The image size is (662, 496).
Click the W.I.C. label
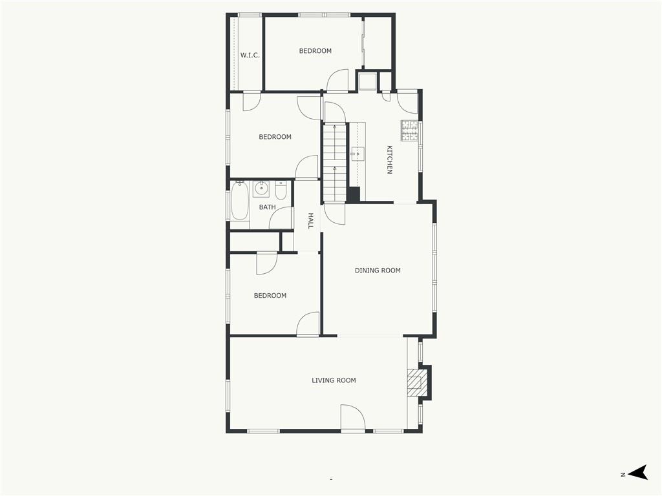click(250, 56)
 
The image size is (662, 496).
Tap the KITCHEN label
click(389, 160)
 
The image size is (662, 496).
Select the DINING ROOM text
click(378, 271)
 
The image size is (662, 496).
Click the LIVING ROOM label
click(334, 380)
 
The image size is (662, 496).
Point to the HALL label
click(310, 221)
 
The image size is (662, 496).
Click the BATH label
click(267, 207)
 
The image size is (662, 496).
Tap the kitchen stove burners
click(409, 130)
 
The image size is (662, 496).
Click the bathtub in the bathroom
click(240, 201)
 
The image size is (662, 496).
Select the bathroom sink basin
click(261, 189)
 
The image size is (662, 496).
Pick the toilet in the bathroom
click(281, 191)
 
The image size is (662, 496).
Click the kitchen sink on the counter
click(358, 154)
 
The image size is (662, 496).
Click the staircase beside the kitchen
click(335, 162)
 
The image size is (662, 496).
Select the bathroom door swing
click(281, 218)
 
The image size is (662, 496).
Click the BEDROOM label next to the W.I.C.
click(315, 50)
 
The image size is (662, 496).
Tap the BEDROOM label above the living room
click(270, 296)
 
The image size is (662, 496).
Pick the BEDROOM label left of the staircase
click(275, 137)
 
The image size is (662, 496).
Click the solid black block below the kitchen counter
click(353, 194)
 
